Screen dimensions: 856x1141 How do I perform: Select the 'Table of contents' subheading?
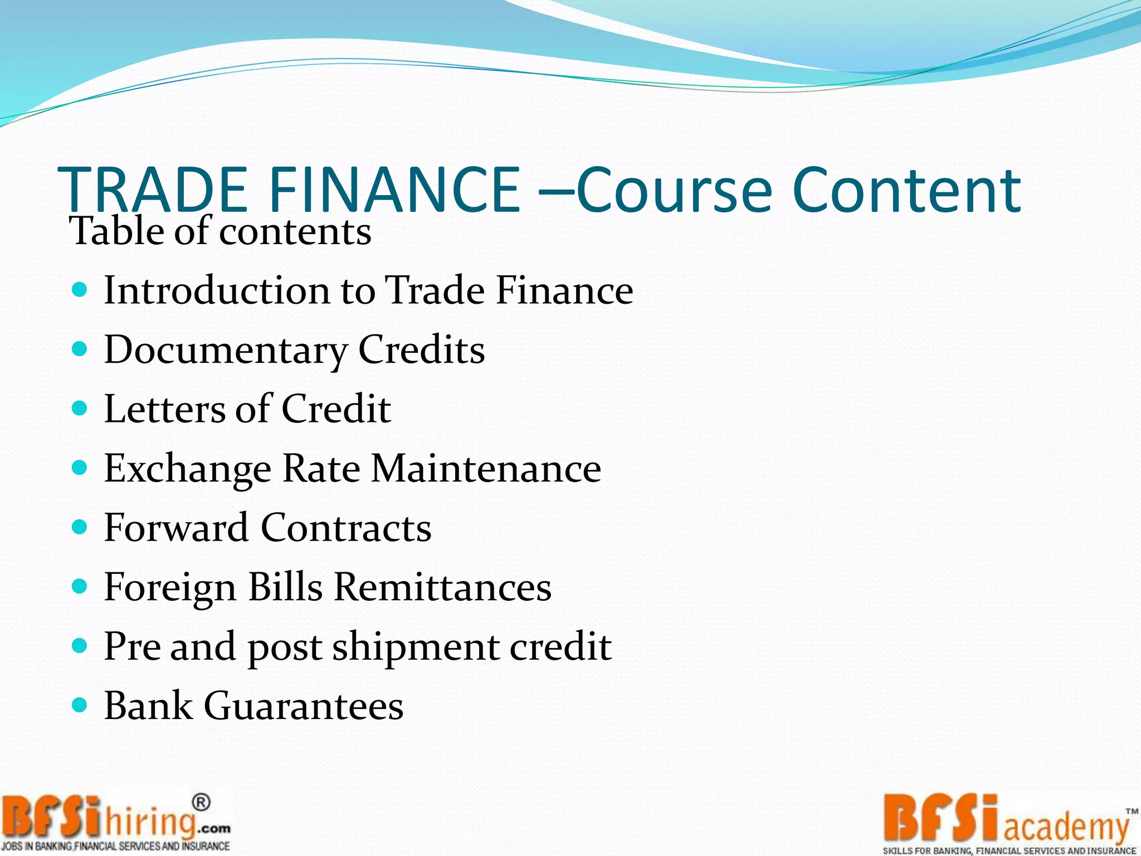pyautogui.click(x=220, y=231)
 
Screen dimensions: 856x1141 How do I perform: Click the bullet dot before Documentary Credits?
pyautogui.click(x=80, y=349)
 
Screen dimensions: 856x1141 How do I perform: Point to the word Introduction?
pyautogui.click(x=217, y=290)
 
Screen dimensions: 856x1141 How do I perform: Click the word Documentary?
pyautogui.click(x=226, y=351)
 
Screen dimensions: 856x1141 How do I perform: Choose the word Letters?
pyautogui.click(x=164, y=409)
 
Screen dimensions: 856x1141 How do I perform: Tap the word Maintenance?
pyautogui.click(x=486, y=468)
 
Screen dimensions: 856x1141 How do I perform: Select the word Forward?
pyautogui.click(x=176, y=528)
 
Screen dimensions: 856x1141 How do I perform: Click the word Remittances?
pyautogui.click(x=443, y=587)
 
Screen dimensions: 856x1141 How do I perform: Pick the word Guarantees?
pyautogui.click(x=304, y=706)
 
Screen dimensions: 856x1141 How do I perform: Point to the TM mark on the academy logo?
pyautogui.click(x=1132, y=812)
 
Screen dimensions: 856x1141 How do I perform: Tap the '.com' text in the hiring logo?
pyautogui.click(x=213, y=828)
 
